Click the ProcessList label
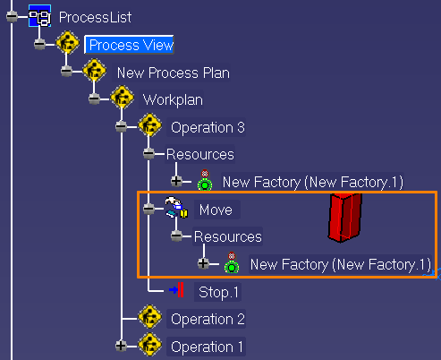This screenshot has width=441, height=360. point(95,17)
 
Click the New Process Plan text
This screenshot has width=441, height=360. point(174,73)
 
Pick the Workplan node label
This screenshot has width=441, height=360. point(173,100)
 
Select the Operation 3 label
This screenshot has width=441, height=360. point(208,127)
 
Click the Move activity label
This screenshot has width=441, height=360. point(216,210)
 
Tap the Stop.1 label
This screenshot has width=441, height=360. point(218,292)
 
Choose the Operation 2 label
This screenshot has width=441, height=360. point(208,319)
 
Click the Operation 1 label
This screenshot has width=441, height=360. point(207,347)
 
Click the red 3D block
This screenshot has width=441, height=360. point(345,217)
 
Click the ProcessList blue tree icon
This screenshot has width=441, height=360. point(39,16)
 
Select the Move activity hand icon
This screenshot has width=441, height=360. point(176,207)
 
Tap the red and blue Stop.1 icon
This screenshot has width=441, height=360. point(177,290)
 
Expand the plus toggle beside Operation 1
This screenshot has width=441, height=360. point(121,346)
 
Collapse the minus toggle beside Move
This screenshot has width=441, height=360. point(148,209)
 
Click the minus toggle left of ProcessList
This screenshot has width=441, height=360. point(12,16)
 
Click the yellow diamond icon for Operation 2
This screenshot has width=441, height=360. point(149,317)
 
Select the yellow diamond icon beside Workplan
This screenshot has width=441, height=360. point(122,98)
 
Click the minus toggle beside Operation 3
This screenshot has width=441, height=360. point(121,126)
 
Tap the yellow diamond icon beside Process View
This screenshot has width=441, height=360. point(68,43)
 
